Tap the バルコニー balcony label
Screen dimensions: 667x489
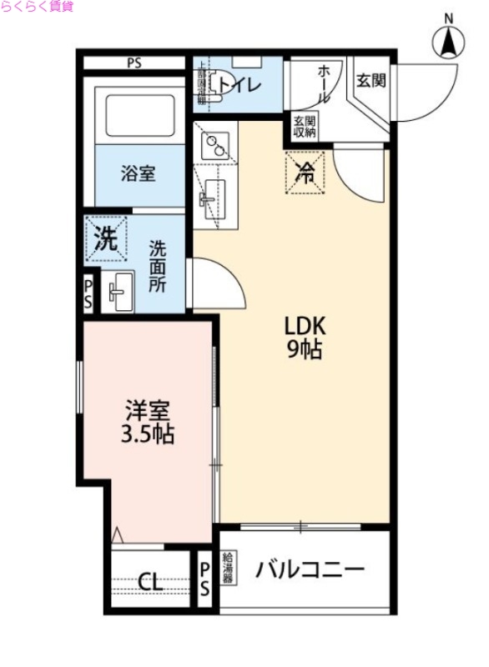[310, 571]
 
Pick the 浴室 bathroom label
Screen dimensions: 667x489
[138, 173]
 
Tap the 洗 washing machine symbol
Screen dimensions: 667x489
[104, 240]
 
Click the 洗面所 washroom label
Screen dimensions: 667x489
[158, 265]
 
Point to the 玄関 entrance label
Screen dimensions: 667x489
[371, 81]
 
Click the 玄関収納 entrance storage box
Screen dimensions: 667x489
[304, 126]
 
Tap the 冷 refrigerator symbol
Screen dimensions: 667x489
[306, 173]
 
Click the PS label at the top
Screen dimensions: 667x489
[134, 63]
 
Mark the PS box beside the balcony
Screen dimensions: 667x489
[205, 576]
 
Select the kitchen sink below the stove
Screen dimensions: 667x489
[214, 197]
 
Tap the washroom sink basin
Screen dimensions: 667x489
[118, 291]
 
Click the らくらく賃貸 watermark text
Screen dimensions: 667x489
[38, 7]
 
